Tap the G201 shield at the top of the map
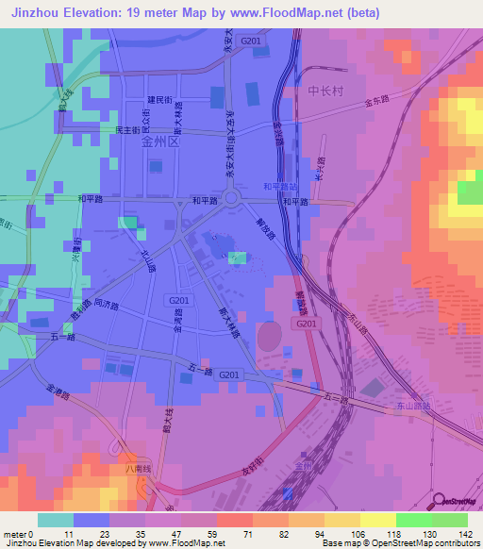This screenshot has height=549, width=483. pyautogui.click(x=250, y=42)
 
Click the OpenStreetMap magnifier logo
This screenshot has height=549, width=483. pyautogui.click(x=439, y=500)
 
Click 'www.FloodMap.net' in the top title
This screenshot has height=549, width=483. pyautogui.click(x=308, y=12)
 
